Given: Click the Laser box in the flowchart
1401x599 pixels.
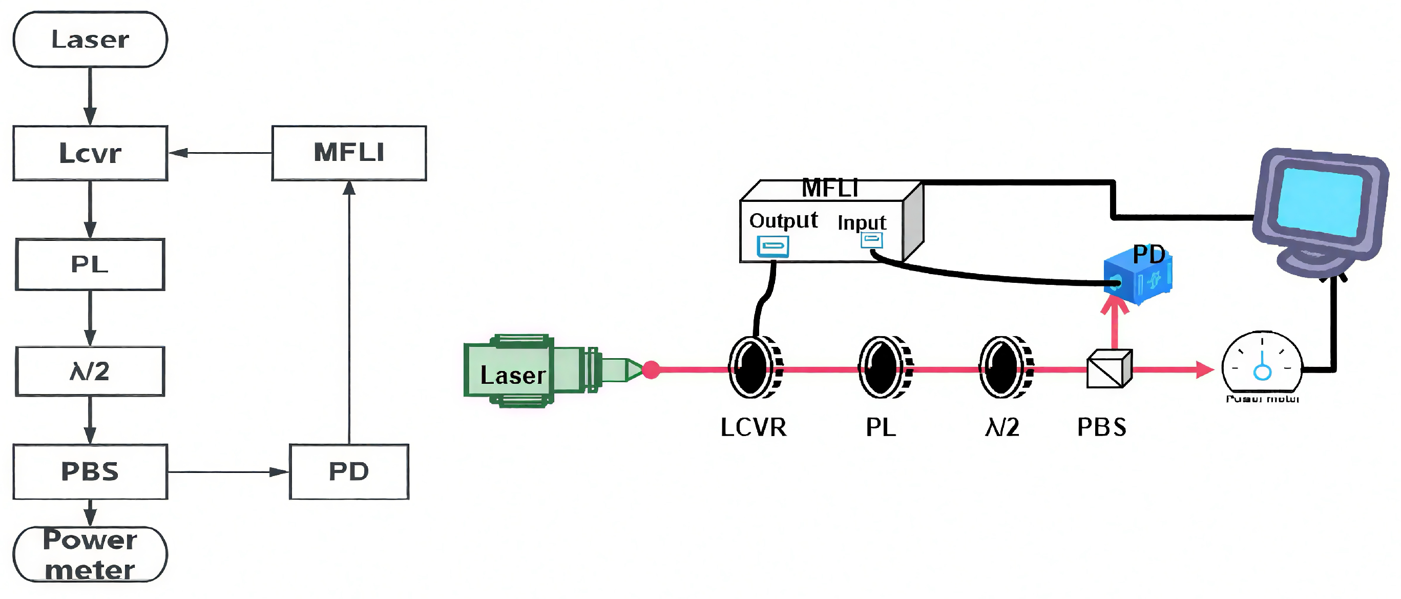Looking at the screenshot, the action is coord(90,39).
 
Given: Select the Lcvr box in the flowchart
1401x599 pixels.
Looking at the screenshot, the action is coord(90,153).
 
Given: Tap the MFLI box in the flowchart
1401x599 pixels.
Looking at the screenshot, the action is coord(349,153).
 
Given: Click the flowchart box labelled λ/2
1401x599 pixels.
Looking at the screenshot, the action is coord(90,371).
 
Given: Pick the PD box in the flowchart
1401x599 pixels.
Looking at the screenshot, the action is coord(349,471).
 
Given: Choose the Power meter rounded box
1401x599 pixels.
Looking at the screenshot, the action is coord(90,554).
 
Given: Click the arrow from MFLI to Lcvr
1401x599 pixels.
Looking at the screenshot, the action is coord(220,153).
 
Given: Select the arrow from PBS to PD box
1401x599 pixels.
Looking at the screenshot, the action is coord(228,472).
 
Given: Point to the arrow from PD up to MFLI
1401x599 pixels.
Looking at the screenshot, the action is coord(349,313).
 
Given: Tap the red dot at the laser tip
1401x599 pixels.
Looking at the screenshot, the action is coord(651,369).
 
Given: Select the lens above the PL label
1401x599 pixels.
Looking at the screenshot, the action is coord(884,367).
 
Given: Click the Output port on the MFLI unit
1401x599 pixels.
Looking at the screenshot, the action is coord(773,246).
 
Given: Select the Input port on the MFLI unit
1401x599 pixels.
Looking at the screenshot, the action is coord(871,239).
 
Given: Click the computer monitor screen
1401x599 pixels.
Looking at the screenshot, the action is coord(1320,201).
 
